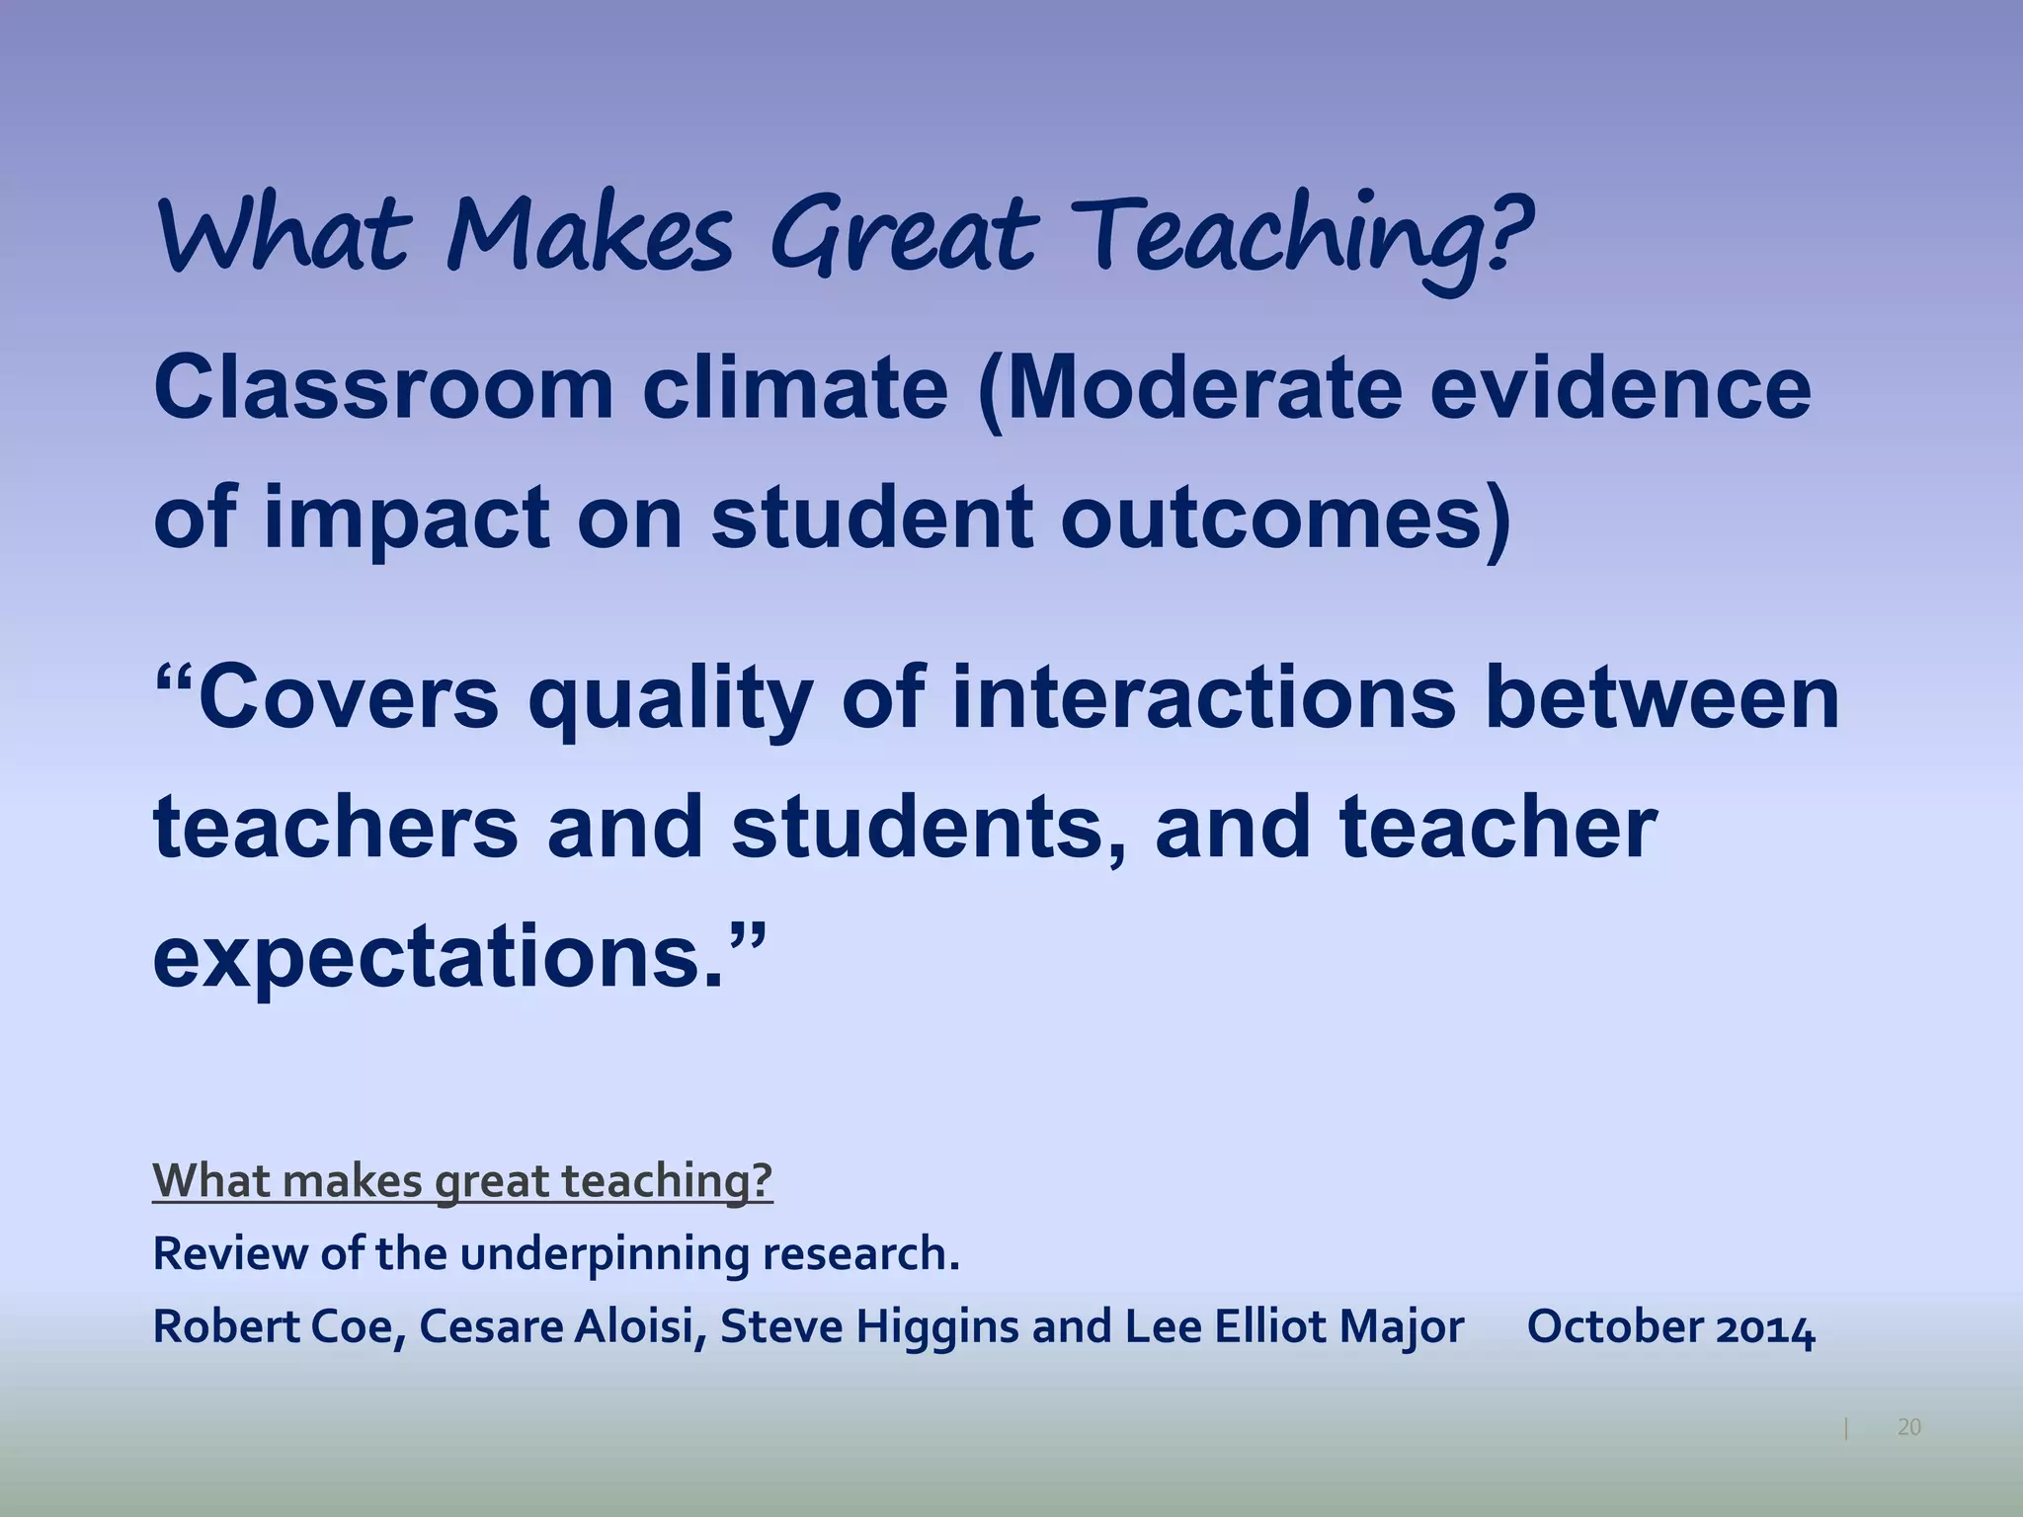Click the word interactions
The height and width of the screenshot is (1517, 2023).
tap(1203, 698)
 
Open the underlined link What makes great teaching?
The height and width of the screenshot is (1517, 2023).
tap(462, 1180)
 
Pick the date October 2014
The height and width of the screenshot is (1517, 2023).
tap(1670, 1327)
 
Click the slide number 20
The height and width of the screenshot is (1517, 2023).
tap(1908, 1427)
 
